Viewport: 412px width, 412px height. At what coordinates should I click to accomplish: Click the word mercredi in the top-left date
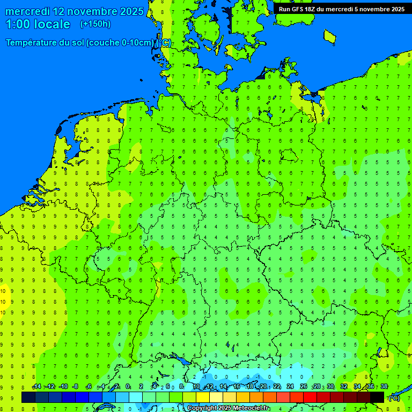(27, 11)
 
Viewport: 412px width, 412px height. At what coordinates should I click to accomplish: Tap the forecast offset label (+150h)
(95, 24)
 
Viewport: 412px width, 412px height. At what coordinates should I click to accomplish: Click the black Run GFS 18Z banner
(342, 9)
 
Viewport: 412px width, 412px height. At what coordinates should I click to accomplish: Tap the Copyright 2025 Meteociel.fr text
(229, 408)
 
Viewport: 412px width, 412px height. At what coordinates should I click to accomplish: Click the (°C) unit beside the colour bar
(393, 398)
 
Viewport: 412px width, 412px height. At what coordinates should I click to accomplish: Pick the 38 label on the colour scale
(384, 387)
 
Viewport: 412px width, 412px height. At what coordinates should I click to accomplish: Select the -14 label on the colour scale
(36, 387)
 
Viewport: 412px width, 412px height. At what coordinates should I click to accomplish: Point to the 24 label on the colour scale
(290, 387)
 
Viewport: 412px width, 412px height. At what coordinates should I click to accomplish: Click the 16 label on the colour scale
(237, 387)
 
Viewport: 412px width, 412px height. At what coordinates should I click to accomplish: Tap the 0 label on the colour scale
(128, 387)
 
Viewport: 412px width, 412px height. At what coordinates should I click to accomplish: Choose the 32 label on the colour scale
(344, 387)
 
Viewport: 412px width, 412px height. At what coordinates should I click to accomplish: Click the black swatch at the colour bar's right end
(377, 397)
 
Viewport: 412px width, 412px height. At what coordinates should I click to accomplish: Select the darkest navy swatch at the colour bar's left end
(28, 397)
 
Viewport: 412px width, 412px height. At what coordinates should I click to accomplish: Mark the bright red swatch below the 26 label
(310, 397)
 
